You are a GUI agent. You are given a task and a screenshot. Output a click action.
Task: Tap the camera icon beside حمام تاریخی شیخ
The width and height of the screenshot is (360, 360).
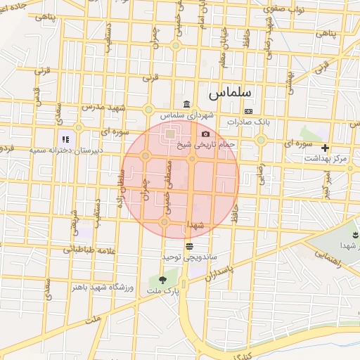click(205, 134)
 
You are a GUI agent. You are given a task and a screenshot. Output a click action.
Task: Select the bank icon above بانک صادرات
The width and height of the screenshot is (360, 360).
click(247, 112)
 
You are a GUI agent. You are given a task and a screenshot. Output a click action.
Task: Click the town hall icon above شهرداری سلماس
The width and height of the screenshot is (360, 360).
click(186, 105)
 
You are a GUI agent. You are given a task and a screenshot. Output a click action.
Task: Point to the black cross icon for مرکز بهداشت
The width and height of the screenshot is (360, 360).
click(325, 148)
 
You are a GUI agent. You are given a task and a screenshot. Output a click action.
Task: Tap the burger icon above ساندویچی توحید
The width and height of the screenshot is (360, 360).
click(189, 245)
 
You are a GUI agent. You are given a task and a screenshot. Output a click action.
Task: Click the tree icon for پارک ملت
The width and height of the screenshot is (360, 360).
click(163, 280)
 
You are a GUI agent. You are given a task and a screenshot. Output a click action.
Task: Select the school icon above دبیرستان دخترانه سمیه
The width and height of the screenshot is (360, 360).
click(65, 140)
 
